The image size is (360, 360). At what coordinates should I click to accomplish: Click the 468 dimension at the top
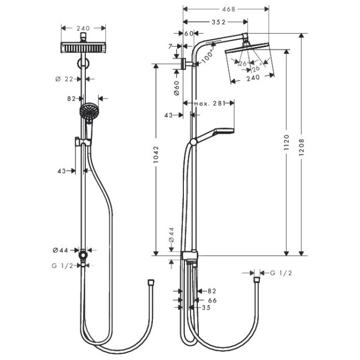[x=225, y=9]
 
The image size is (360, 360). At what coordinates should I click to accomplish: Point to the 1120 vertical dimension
[x=286, y=143]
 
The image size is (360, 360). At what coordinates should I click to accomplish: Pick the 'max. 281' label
[x=209, y=103]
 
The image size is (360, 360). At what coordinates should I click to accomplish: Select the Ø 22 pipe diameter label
[x=65, y=79]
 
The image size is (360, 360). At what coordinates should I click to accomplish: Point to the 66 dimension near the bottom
[x=211, y=300]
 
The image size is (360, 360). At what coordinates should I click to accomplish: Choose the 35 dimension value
[x=205, y=307]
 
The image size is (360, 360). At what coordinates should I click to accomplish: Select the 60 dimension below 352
[x=188, y=34]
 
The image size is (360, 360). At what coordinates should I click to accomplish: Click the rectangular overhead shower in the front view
[x=83, y=48]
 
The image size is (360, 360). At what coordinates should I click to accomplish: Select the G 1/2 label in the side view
[x=280, y=273]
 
